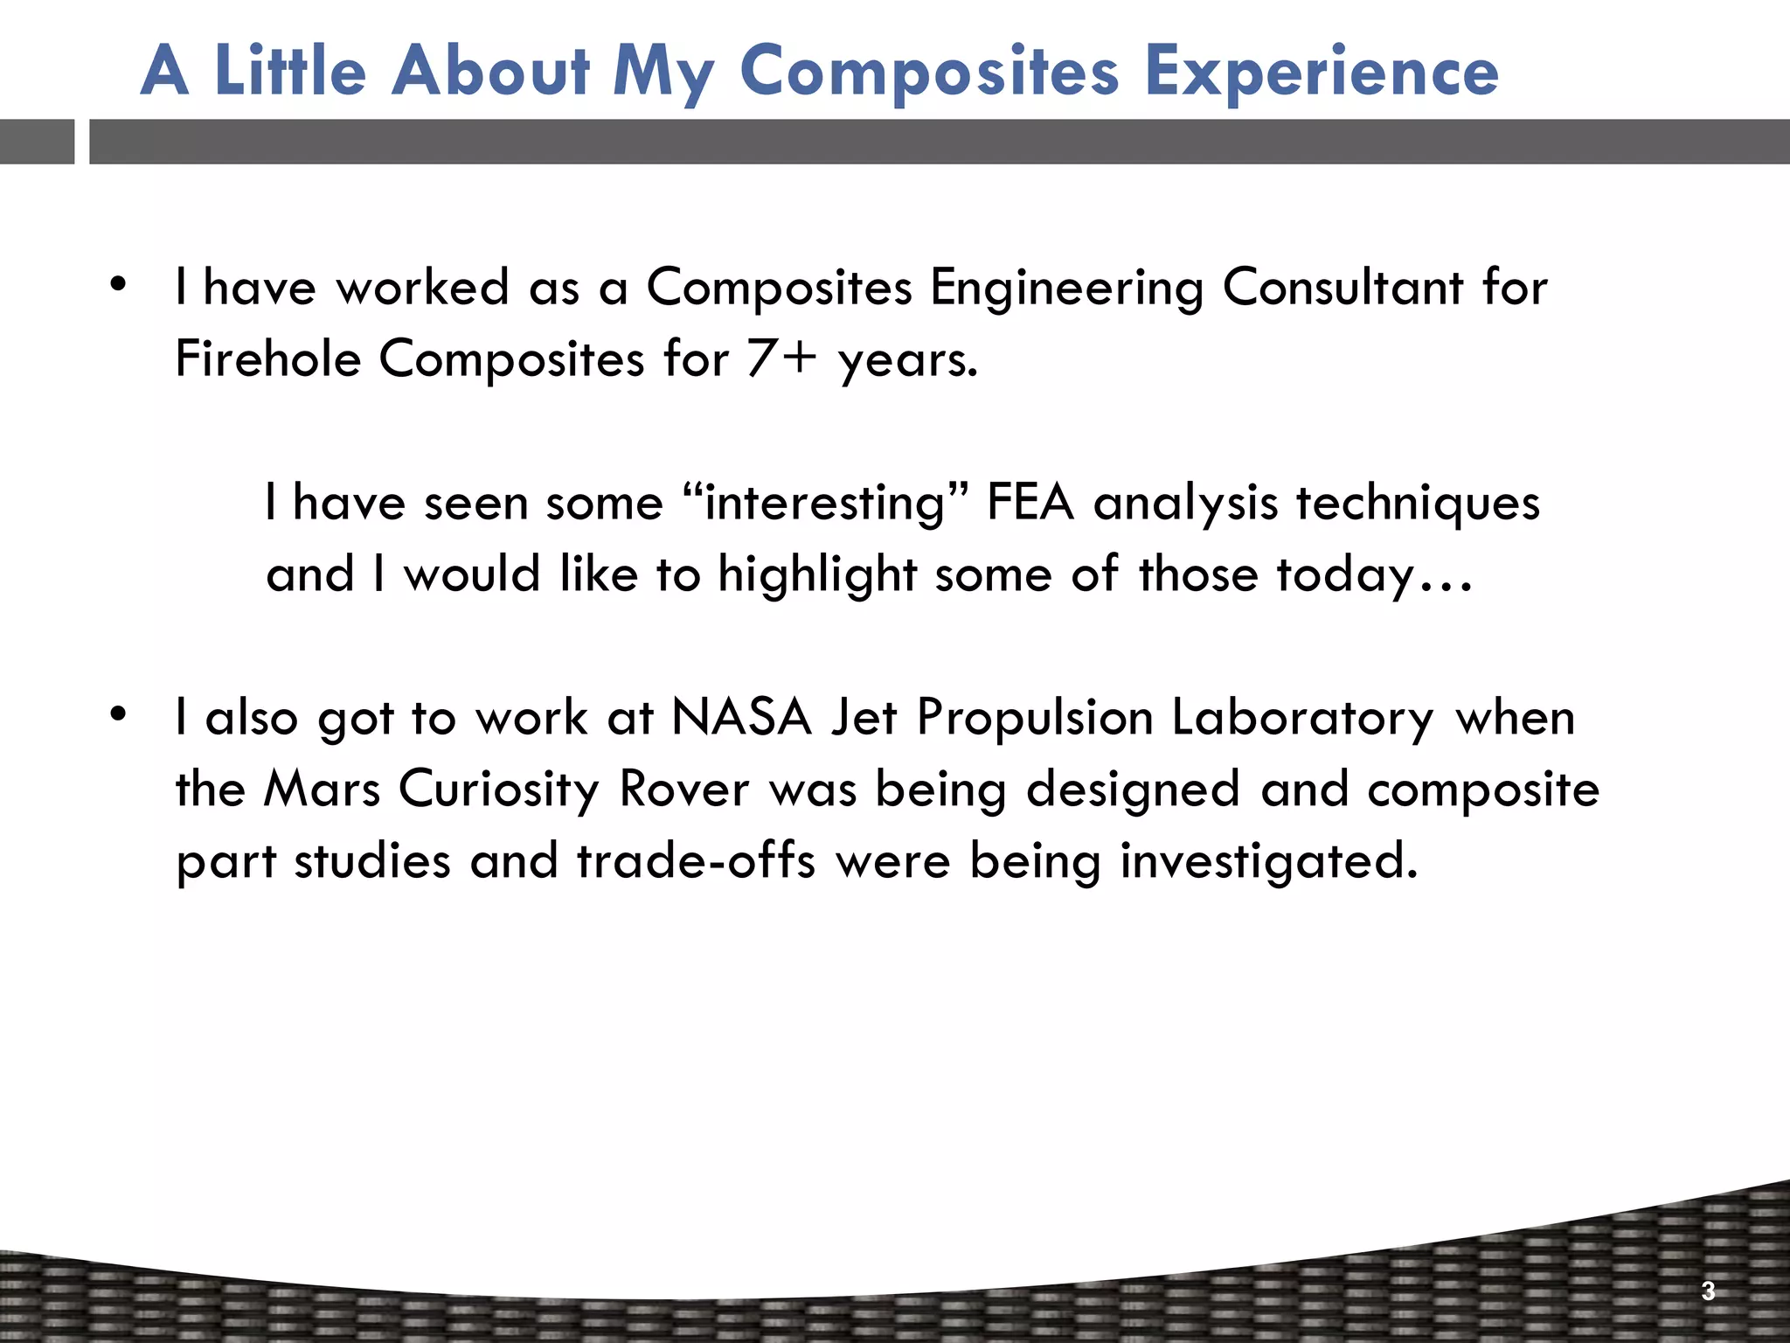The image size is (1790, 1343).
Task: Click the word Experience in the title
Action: click(1322, 72)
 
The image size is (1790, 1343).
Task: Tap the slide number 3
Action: click(1708, 1291)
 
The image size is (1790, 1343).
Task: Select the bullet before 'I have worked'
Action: click(119, 284)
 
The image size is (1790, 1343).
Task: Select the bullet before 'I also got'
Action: click(119, 714)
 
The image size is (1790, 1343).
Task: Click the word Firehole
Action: click(267, 358)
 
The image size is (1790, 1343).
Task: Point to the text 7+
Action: click(782, 358)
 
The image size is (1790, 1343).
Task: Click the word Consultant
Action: click(1342, 287)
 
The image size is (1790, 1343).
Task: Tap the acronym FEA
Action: click(1030, 503)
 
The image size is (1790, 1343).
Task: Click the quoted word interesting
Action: click(825, 503)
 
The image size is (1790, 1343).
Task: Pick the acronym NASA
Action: click(741, 717)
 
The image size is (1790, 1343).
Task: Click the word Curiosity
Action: click(498, 789)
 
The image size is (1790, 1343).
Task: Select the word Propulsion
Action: click(1035, 717)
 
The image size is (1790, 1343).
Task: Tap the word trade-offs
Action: click(696, 860)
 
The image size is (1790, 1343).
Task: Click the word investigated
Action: click(1268, 860)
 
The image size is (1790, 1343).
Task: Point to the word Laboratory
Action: click(1302, 717)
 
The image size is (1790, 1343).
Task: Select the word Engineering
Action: click(1066, 287)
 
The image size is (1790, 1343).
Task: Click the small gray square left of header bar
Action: click(37, 142)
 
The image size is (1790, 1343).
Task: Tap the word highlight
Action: click(817, 574)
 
